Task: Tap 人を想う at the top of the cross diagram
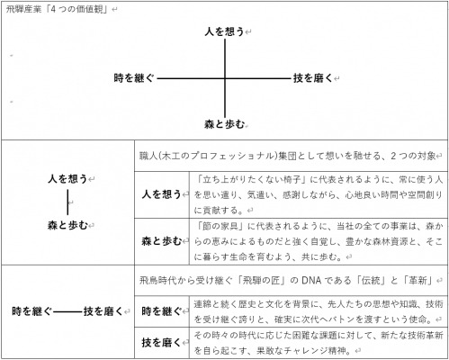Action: (224, 31)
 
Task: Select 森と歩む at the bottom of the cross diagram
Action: (224, 124)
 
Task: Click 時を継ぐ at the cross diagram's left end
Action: (134, 78)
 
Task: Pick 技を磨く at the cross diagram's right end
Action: (313, 78)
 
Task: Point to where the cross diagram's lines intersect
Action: (225, 79)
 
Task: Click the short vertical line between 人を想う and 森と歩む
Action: (67, 202)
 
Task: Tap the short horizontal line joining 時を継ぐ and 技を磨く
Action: (67, 312)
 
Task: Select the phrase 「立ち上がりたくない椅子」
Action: (252, 180)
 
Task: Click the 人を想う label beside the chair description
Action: (161, 194)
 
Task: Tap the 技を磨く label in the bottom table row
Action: (161, 342)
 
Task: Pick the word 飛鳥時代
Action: (157, 281)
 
